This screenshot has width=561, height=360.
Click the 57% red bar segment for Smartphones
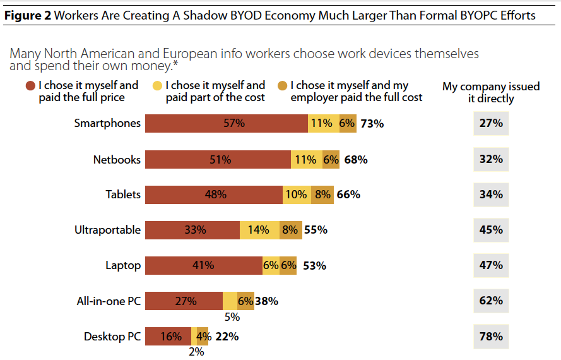coord(227,124)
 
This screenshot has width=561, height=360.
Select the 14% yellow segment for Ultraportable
coord(259,230)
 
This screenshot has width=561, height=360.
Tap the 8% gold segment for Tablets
coord(322,195)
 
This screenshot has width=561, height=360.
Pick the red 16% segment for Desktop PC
coord(170,337)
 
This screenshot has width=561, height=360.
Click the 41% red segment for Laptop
coord(203,266)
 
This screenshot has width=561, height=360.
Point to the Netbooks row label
coord(117,160)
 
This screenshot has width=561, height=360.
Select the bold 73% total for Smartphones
coord(372,124)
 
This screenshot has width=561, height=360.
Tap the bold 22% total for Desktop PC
coord(227,337)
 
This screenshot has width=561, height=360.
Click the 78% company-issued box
coord(491,337)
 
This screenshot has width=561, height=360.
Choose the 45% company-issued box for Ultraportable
coord(491,230)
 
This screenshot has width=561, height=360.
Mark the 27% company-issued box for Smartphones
coord(491,123)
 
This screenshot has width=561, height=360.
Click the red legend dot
coord(30,85)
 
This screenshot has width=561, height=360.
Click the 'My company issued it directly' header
coord(491,92)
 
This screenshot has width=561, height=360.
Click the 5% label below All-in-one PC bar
coord(232,317)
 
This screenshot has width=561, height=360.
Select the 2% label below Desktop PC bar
coord(196,352)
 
